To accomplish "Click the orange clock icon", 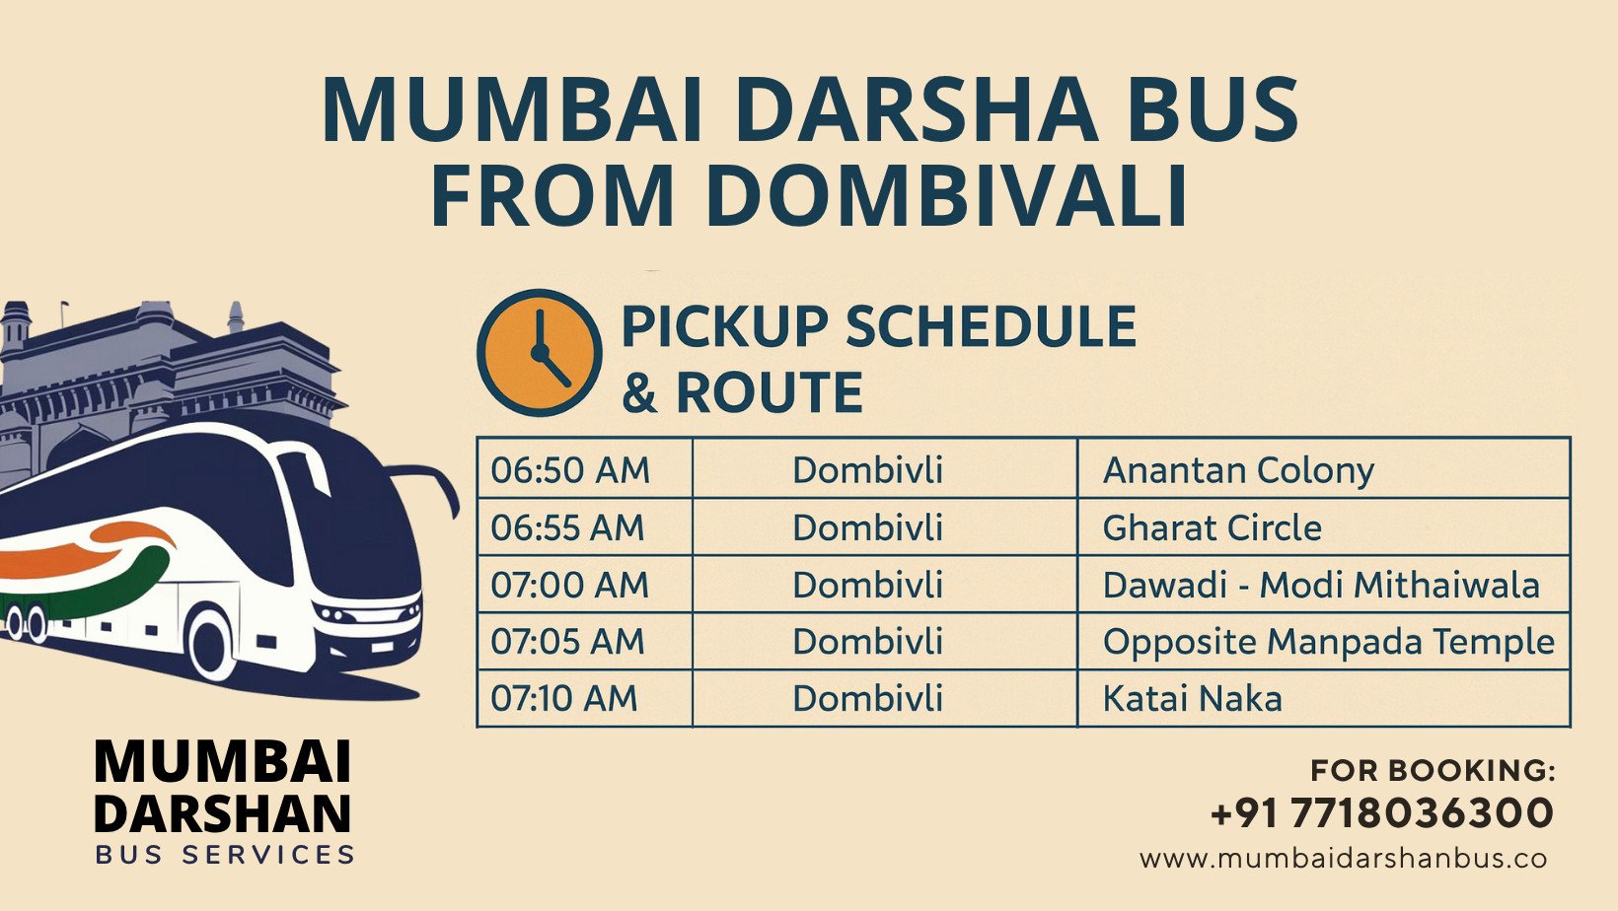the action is coord(539,352).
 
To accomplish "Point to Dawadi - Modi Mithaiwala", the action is coord(1321,585).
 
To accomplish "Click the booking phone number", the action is coord(1382,812).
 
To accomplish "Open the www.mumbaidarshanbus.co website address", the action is coord(1344,859).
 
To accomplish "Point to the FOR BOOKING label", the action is coord(1434,771).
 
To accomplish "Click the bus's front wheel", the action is coord(210,644).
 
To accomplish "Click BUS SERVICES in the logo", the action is coord(225,856).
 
